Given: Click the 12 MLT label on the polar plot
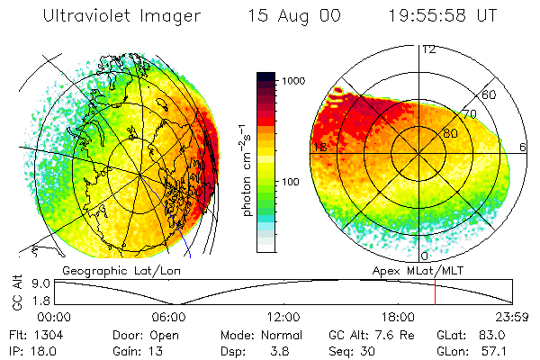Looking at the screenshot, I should click(428, 49).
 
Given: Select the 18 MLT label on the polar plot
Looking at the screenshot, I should click(319, 147).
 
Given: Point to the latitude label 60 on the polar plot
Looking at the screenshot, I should click(489, 94).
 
